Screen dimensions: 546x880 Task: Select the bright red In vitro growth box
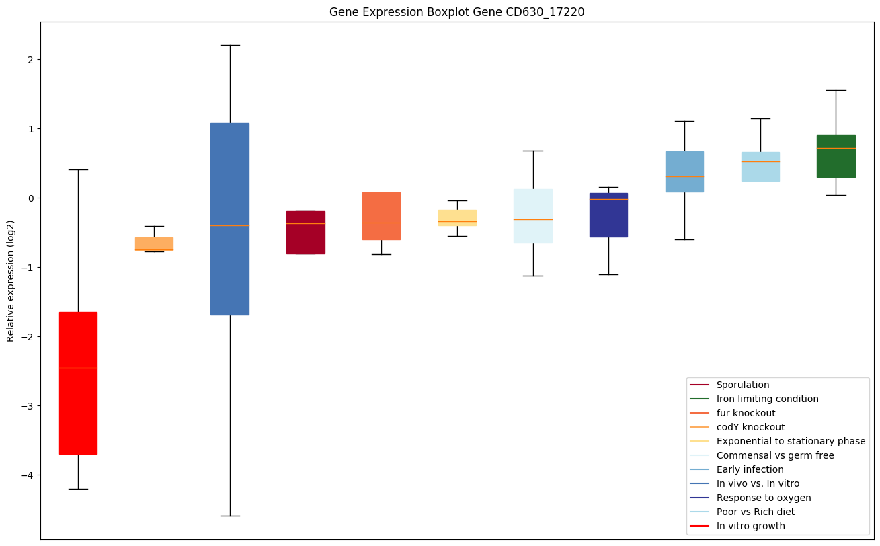[x=79, y=383]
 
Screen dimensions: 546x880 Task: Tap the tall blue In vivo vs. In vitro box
[x=230, y=219]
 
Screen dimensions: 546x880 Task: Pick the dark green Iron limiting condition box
[x=836, y=156]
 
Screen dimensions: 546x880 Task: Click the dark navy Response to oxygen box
[x=608, y=215]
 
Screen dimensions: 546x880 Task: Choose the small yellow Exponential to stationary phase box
[x=457, y=217]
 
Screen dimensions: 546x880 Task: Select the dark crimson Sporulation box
[x=306, y=233]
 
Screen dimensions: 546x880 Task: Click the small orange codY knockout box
[x=154, y=243]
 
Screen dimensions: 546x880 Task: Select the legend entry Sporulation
[x=742, y=385]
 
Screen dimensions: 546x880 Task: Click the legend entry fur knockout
[x=746, y=413]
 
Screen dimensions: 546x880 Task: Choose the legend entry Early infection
[x=750, y=469]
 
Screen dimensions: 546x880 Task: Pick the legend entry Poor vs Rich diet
[x=755, y=512]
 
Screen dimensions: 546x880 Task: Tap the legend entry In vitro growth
[x=750, y=526]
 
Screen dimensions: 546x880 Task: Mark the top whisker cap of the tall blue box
[x=230, y=45]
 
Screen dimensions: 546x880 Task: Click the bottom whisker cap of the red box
[x=79, y=489]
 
